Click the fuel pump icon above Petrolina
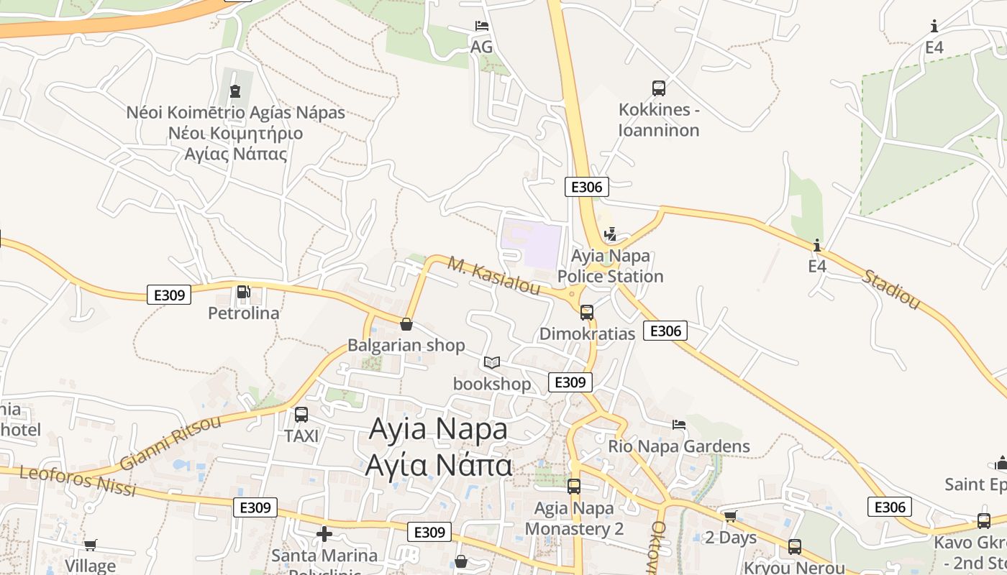point(243,292)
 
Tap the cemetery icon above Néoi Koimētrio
point(235,91)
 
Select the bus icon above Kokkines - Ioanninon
point(658,88)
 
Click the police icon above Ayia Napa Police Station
point(611,234)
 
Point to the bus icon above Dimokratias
point(587,312)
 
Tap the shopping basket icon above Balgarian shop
point(406,324)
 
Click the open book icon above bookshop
point(492,363)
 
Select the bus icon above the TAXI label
point(301,415)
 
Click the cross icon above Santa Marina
point(324,534)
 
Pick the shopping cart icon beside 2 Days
point(730,516)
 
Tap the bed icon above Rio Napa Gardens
point(678,425)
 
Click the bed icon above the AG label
point(482,27)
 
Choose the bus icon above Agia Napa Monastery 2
point(573,487)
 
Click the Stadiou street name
point(891,290)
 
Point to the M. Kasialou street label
point(493,275)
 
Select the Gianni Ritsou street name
point(170,441)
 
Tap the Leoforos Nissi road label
point(78,481)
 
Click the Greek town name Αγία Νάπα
point(438,464)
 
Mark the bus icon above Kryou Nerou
point(794,547)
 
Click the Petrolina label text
point(243,313)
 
